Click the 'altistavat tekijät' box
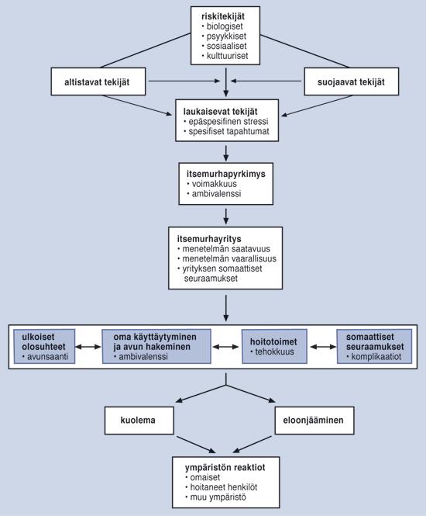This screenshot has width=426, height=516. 98,81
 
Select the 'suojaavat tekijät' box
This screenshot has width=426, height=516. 352,81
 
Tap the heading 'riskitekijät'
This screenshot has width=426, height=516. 223,16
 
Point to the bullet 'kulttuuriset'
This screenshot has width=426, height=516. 225,56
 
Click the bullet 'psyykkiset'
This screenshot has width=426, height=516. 224,36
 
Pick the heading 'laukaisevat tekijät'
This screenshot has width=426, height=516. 221,112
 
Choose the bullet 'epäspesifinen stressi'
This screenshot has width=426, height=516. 226,121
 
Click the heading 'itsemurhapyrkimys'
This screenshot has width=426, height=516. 226,174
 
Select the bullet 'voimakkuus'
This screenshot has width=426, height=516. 212,184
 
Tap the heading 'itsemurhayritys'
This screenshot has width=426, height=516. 209,238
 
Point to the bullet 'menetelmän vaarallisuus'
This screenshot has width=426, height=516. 227,258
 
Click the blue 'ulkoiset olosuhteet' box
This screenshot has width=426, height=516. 44,347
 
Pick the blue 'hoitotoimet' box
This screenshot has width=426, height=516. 275,347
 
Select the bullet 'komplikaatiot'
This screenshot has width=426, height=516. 374,357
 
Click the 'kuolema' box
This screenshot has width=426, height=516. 139,421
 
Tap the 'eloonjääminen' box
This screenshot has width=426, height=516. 314,421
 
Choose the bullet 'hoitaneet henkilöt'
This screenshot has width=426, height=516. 222,487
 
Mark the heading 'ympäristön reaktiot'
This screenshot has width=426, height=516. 225,468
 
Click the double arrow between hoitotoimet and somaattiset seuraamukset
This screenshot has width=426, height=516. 323,347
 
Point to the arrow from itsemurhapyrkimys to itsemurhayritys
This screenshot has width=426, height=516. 226,216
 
